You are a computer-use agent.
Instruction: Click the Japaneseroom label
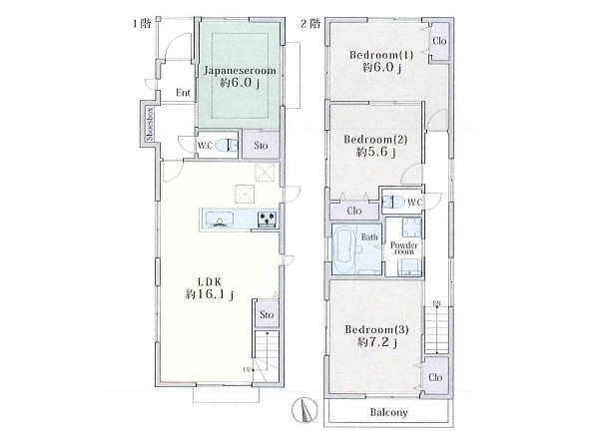[240, 71]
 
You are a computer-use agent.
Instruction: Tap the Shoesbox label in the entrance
[150, 124]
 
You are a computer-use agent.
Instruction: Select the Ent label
[183, 93]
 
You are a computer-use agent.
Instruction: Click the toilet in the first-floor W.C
[226, 146]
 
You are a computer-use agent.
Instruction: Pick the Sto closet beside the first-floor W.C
[261, 145]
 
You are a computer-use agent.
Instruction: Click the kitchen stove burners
[267, 219]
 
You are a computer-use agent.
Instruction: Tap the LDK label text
[210, 282]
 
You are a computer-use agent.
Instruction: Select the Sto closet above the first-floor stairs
[267, 314]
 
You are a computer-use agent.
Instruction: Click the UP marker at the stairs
[248, 369]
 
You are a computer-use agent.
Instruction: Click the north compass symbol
[304, 410]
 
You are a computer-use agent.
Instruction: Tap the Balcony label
[389, 412]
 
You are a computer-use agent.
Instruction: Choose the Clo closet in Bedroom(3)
[435, 377]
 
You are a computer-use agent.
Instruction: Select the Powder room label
[403, 247]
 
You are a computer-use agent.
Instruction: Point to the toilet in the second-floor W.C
[394, 202]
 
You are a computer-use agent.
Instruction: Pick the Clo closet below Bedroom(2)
[354, 211]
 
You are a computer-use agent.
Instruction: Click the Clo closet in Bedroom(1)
[439, 41]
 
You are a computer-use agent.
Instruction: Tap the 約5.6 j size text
[375, 152]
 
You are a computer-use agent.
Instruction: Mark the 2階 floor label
[309, 24]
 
